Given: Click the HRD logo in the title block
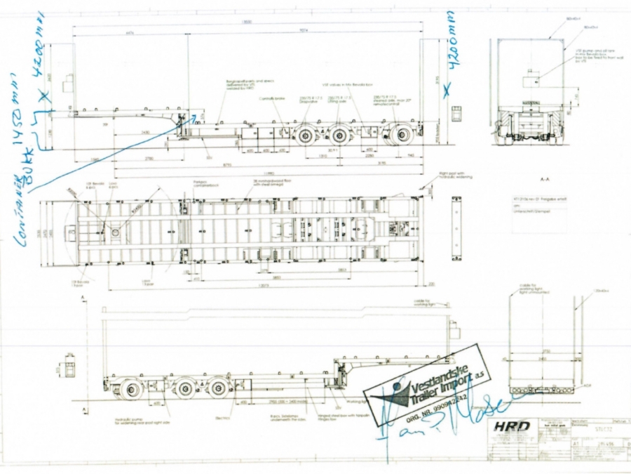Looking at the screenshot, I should tap(509, 426).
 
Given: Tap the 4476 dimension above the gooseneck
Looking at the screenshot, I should tap(130, 31).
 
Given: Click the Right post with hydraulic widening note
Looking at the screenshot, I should tap(455, 176).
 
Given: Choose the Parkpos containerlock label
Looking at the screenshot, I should tap(204, 185).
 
